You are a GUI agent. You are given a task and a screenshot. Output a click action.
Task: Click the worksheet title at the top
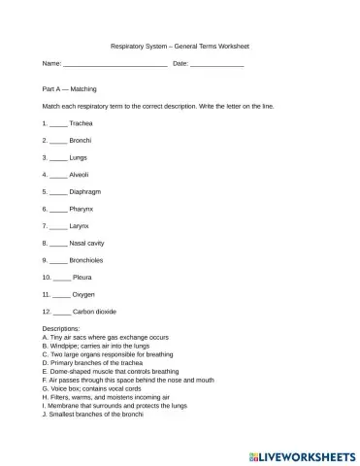click(180, 45)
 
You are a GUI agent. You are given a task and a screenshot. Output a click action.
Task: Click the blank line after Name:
click(115, 63)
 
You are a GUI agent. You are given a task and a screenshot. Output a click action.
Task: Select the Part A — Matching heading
click(69, 88)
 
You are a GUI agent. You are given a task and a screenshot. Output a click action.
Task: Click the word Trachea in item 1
click(82, 124)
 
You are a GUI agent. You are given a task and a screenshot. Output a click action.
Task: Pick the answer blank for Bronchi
click(58, 141)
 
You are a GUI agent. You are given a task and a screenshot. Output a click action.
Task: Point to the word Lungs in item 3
click(80, 156)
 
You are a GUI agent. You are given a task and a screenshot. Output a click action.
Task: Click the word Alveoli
click(81, 174)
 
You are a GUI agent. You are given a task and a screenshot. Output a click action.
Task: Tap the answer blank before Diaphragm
click(58, 191)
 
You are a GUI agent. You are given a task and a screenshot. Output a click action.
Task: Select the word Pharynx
click(82, 208)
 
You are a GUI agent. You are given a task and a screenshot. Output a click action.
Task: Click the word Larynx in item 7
click(81, 224)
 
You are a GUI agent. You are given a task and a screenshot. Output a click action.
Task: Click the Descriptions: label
click(61, 329)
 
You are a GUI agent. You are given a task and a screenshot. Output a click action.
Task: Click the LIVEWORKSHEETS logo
click(304, 453)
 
